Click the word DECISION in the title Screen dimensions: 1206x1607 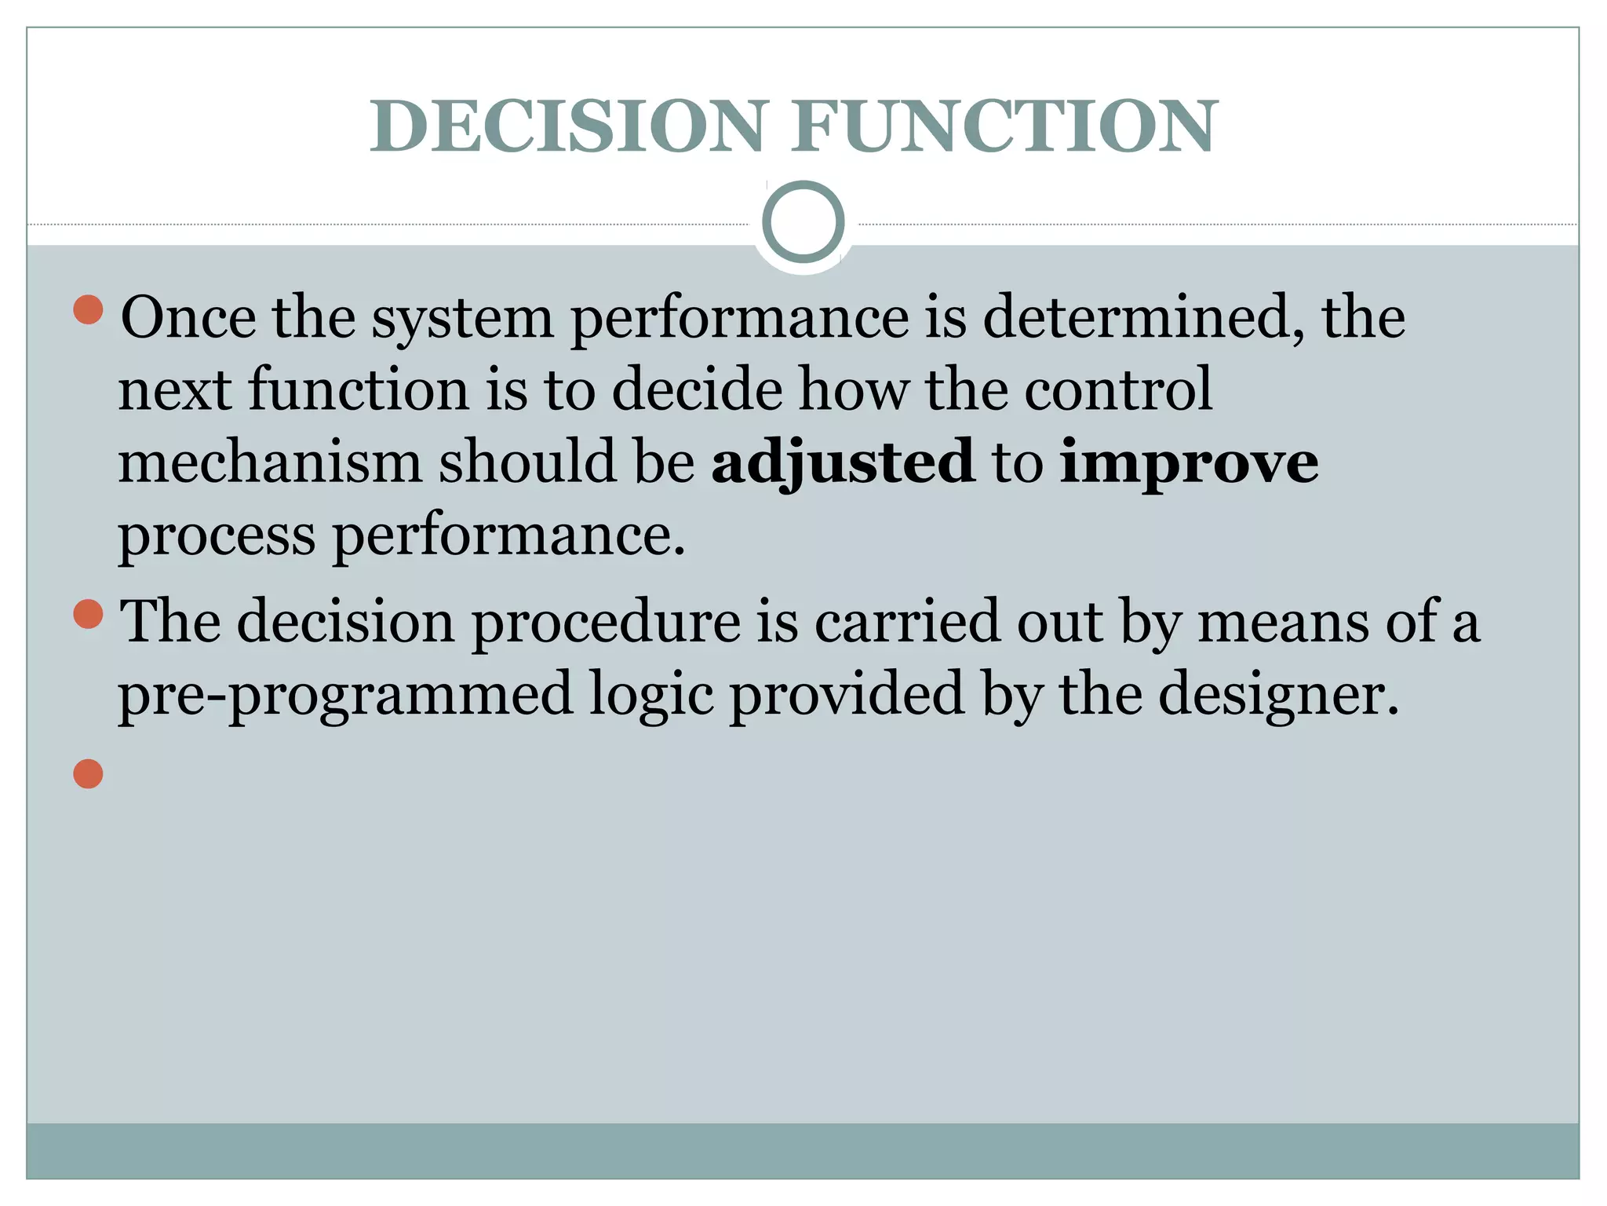point(567,126)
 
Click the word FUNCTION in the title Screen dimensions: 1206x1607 point(1004,126)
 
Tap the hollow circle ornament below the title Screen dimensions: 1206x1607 point(803,221)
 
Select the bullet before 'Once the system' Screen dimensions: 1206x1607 point(88,309)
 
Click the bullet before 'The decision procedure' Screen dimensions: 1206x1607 point(88,614)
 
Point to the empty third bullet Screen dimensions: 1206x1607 point(88,773)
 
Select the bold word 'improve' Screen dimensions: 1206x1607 point(1189,463)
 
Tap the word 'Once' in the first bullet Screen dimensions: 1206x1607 point(188,317)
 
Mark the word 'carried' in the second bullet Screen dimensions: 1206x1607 point(907,622)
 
